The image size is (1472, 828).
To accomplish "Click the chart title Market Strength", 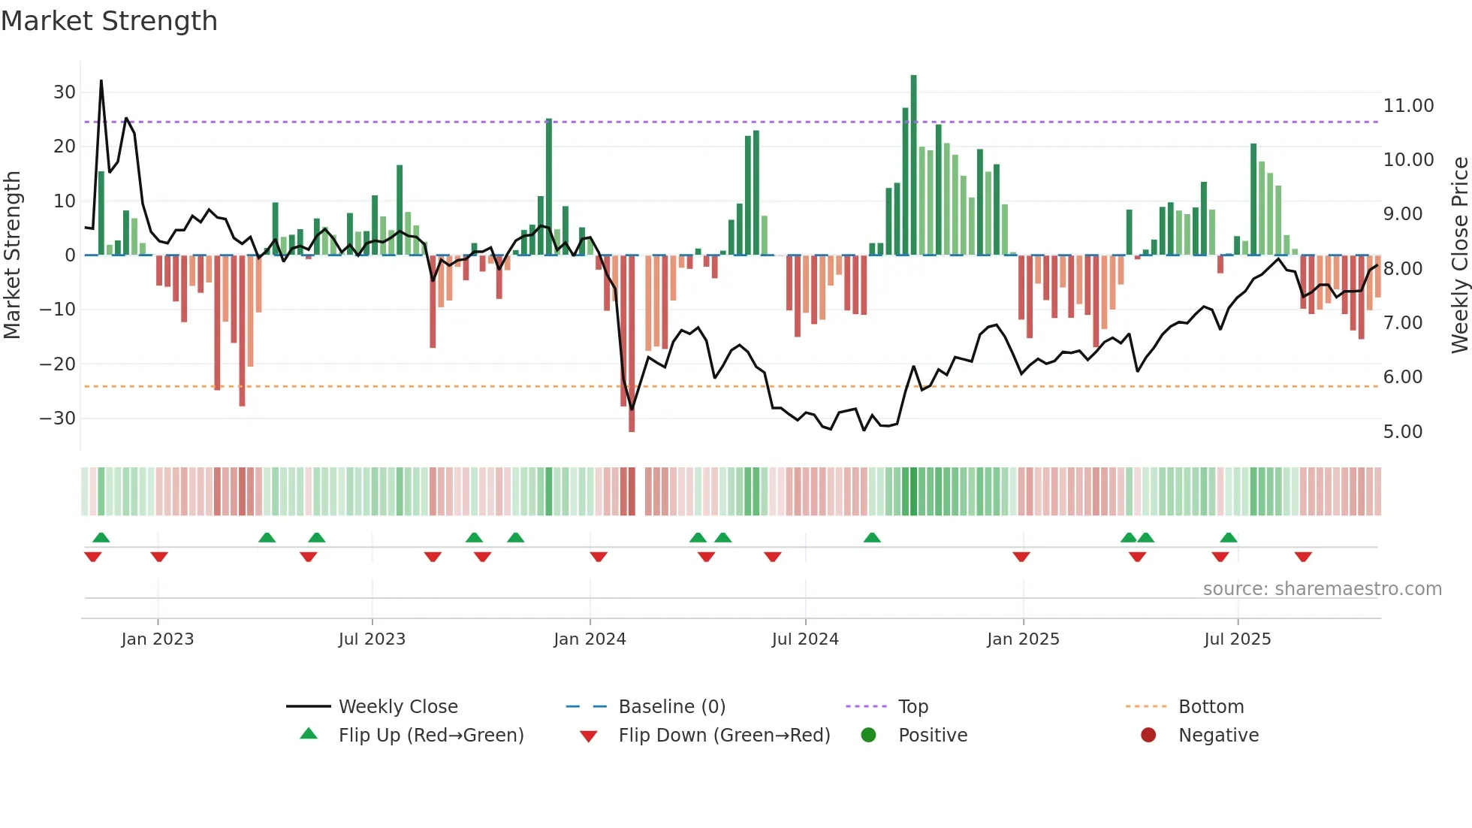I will coord(109,21).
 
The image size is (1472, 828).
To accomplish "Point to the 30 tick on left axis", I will coord(65,92).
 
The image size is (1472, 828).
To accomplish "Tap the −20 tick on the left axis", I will coord(58,364).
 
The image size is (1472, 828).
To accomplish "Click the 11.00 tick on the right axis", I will coord(1408,106).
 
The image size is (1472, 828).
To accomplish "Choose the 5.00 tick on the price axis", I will coord(1402,432).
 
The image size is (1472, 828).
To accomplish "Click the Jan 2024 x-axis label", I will coord(590,639).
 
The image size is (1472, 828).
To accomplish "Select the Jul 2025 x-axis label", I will coord(1237,639).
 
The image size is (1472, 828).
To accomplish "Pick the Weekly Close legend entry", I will coord(397,707).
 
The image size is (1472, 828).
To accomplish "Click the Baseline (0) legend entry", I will coord(671,707).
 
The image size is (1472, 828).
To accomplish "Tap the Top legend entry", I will coord(912,707).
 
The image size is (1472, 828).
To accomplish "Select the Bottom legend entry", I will coord(1211,707).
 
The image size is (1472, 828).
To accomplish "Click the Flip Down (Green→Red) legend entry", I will coord(723,736).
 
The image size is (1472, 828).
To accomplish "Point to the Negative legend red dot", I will coord(1148,736).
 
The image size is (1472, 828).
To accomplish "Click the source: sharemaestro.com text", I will coord(1322,589).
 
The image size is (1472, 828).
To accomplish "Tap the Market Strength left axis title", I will coord(12,255).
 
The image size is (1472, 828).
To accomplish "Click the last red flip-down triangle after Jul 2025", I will coord(1303,557).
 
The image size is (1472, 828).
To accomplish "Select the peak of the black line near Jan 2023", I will coord(101,81).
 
